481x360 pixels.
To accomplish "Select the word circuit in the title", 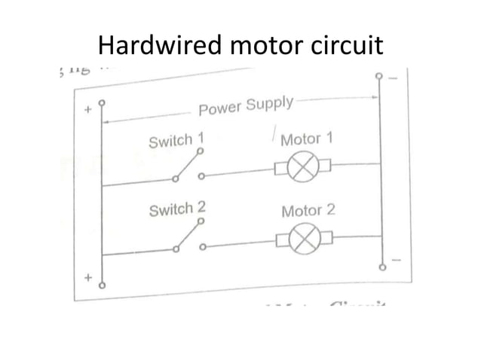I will pos(345,46).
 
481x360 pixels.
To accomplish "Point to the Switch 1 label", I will pos(176,141).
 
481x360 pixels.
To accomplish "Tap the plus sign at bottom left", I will pos(87,278).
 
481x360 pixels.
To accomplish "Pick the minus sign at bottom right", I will pos(398,261).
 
